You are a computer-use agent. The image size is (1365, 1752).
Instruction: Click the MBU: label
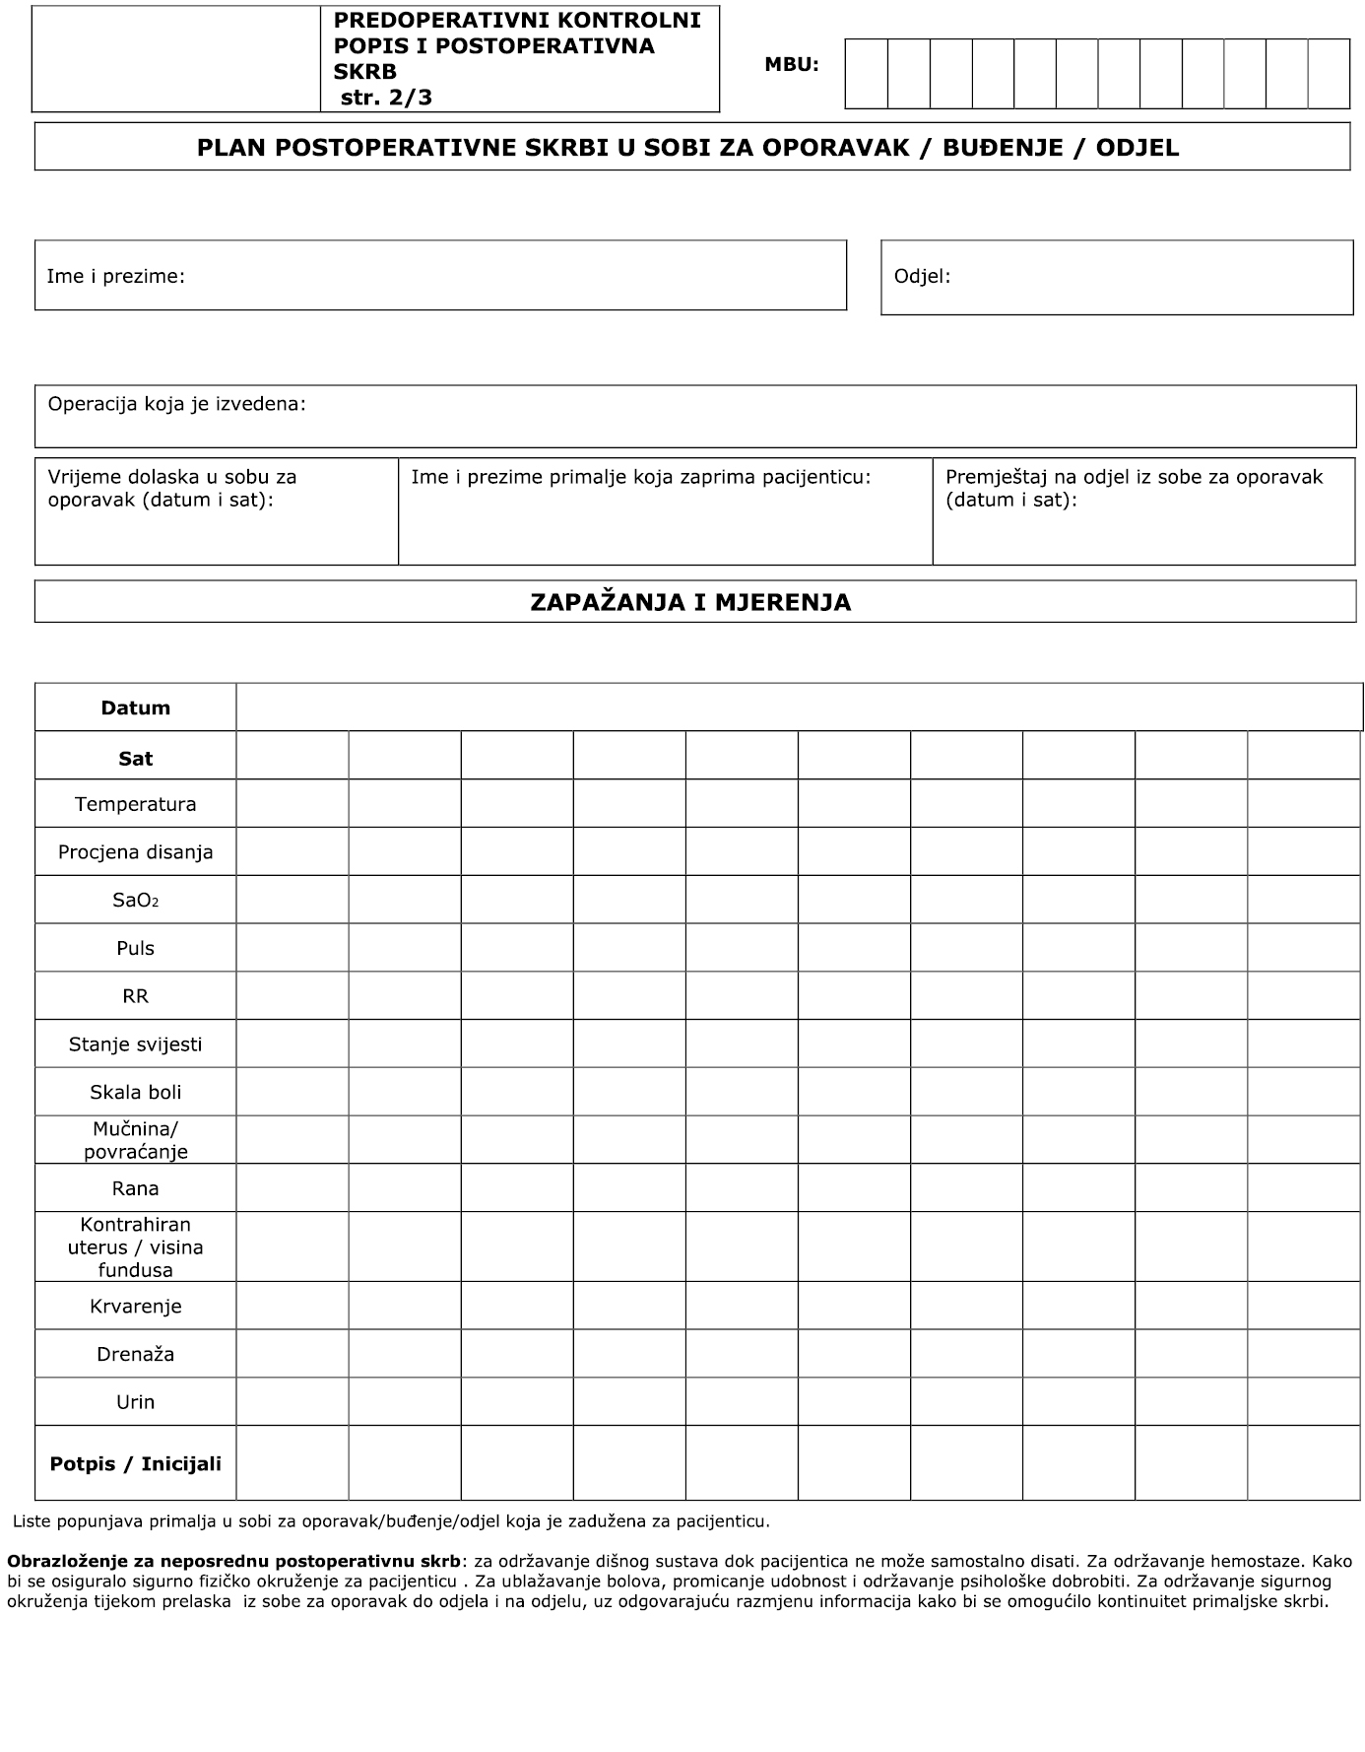click(791, 65)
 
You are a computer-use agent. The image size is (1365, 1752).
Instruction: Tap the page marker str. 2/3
click(386, 97)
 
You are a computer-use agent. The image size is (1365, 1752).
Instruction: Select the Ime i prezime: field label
click(116, 276)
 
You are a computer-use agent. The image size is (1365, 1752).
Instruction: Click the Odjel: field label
click(922, 276)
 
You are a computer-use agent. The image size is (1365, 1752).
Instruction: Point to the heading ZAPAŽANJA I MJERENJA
click(690, 602)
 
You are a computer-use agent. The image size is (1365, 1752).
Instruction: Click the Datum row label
click(136, 708)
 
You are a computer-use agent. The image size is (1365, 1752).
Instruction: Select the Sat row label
click(136, 758)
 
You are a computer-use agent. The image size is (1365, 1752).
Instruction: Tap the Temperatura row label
click(136, 804)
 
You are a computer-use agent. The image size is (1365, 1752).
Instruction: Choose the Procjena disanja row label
click(136, 851)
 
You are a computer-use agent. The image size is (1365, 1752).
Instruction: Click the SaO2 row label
click(136, 900)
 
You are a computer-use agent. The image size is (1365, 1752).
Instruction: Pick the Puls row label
click(136, 948)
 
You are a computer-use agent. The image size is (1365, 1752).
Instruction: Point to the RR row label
click(136, 996)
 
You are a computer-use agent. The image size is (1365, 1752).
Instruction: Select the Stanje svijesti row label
click(136, 1044)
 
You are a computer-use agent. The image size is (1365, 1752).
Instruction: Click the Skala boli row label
click(136, 1092)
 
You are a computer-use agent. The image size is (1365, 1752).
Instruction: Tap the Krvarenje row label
click(136, 1306)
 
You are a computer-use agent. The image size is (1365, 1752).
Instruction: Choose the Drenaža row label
click(136, 1354)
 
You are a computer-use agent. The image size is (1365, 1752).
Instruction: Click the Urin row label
click(136, 1401)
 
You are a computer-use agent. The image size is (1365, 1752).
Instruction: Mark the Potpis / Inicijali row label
click(136, 1463)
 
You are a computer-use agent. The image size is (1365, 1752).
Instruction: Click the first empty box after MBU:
click(867, 74)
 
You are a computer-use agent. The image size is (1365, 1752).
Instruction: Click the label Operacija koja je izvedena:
click(177, 404)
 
